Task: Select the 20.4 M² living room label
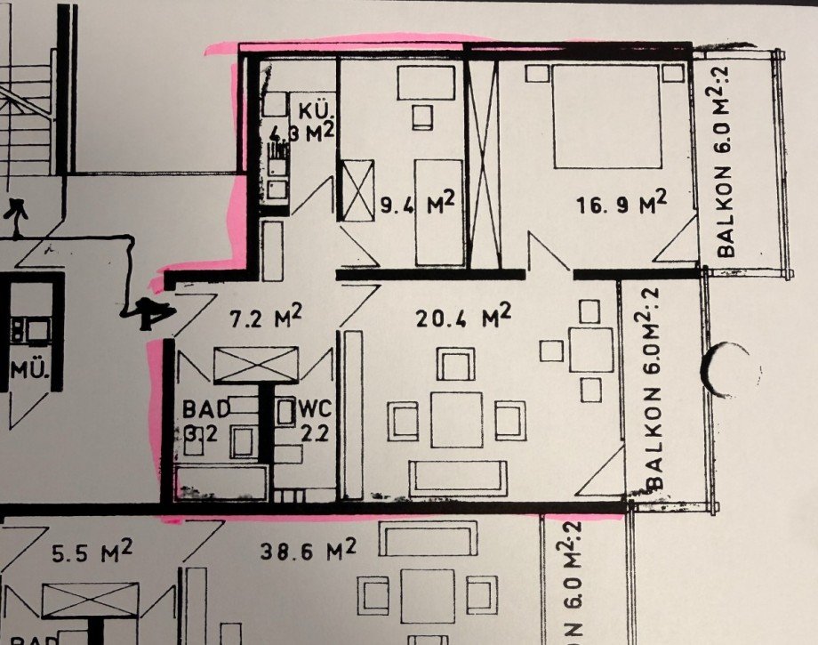(462, 315)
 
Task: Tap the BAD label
(206, 409)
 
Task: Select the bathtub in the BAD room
(222, 481)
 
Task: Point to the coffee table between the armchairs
(457, 419)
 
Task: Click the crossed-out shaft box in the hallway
(259, 364)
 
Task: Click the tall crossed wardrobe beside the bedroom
(484, 160)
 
